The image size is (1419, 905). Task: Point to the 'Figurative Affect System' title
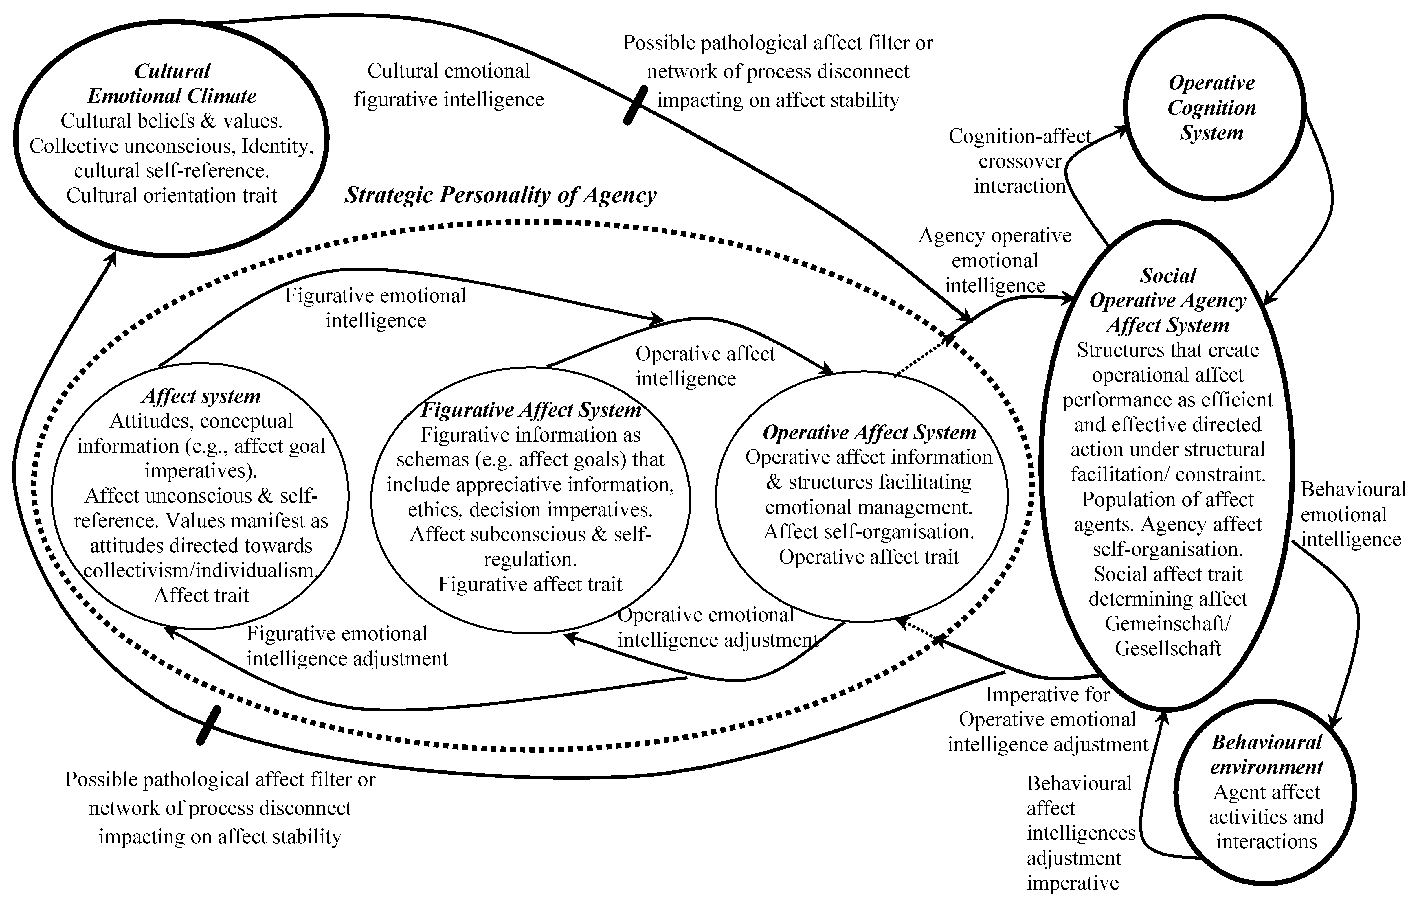click(x=530, y=409)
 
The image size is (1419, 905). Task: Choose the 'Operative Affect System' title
click(x=869, y=433)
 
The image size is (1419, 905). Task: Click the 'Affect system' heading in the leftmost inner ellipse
click(x=201, y=396)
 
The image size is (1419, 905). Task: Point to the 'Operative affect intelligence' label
click(x=705, y=366)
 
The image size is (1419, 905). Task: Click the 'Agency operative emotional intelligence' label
click(x=995, y=260)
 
